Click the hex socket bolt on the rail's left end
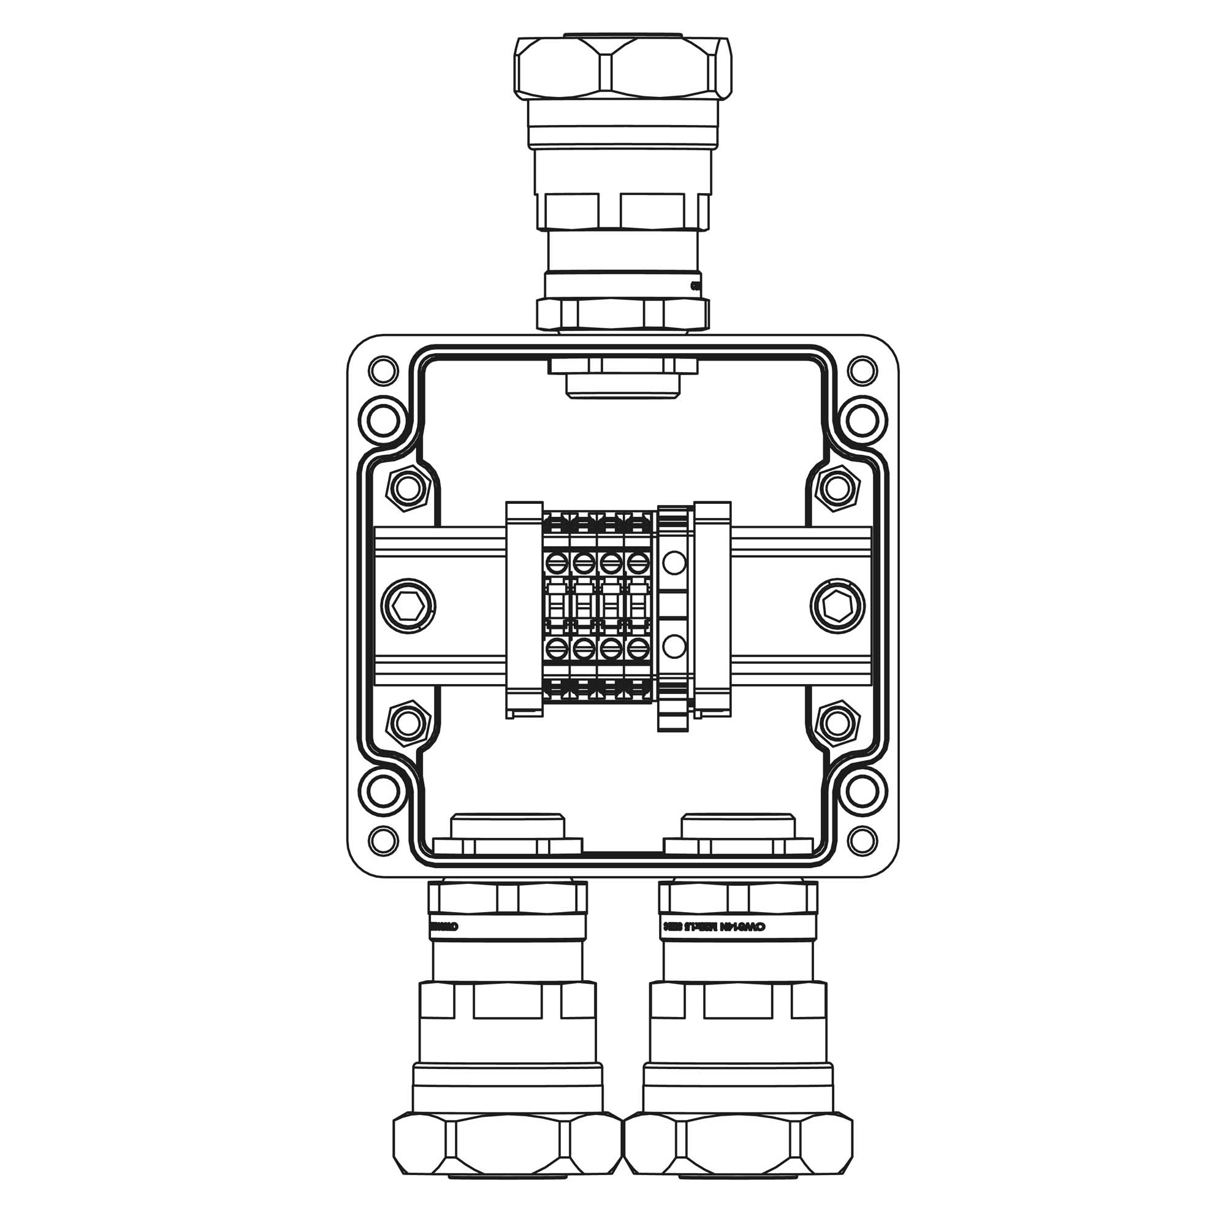click(x=408, y=607)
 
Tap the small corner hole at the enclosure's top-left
click(x=383, y=369)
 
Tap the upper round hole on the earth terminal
click(x=674, y=562)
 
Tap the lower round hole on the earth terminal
click(x=674, y=647)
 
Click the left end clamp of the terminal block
click(x=524, y=609)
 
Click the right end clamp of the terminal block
click(x=714, y=609)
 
